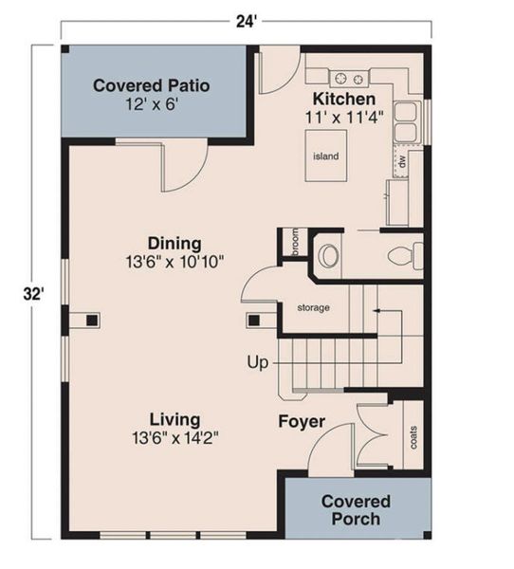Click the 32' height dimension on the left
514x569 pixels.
[34, 294]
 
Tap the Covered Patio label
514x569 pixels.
[151, 86]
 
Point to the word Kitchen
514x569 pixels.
[343, 100]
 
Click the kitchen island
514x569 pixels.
[325, 156]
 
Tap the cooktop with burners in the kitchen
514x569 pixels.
[350, 77]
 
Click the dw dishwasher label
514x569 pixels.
[402, 163]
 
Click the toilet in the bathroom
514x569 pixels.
[406, 254]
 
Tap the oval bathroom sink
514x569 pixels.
[328, 255]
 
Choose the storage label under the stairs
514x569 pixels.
[312, 307]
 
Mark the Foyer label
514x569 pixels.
[302, 421]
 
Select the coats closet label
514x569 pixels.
[412, 437]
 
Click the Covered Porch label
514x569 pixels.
[356, 509]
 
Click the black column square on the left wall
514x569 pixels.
[92, 320]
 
